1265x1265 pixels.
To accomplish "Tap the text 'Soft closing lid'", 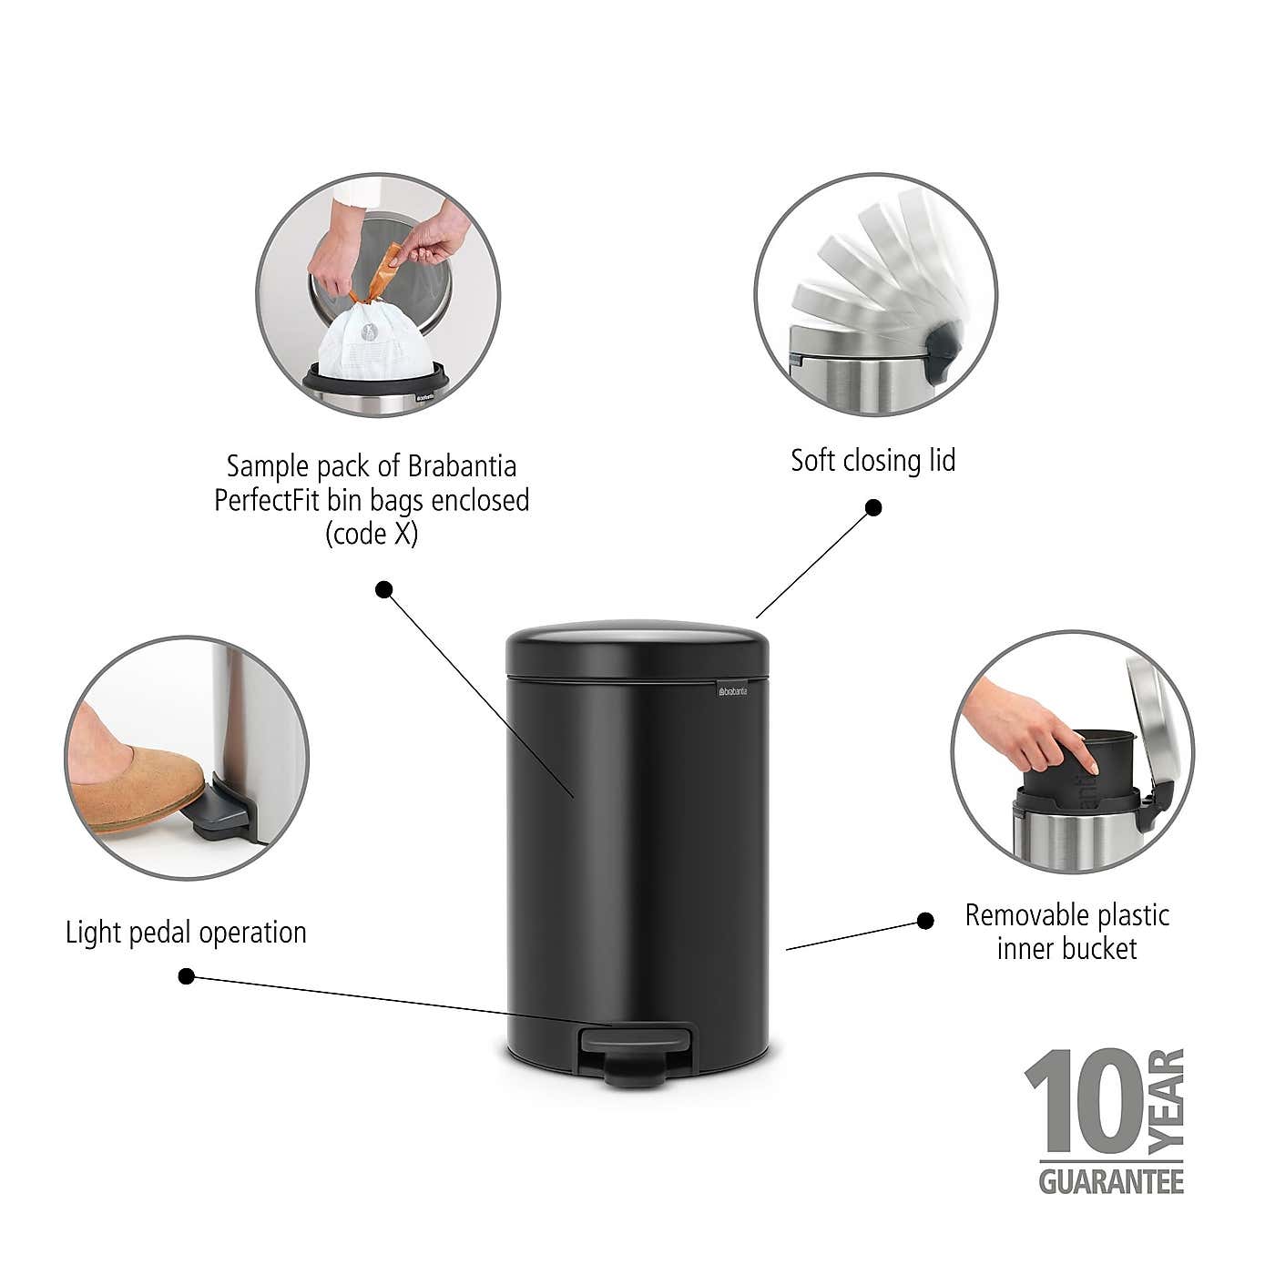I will pyautogui.click(x=872, y=460).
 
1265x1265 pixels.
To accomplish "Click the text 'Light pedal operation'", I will pyautogui.click(x=186, y=932).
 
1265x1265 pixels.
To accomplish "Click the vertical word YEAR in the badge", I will pyautogui.click(x=1168, y=1098).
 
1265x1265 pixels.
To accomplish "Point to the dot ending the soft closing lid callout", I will pyautogui.click(x=872, y=507).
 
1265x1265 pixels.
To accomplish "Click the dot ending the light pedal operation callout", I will pyautogui.click(x=186, y=976).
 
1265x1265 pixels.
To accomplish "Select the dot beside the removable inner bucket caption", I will pyautogui.click(x=925, y=921).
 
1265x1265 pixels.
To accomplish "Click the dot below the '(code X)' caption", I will pyautogui.click(x=383, y=589).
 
